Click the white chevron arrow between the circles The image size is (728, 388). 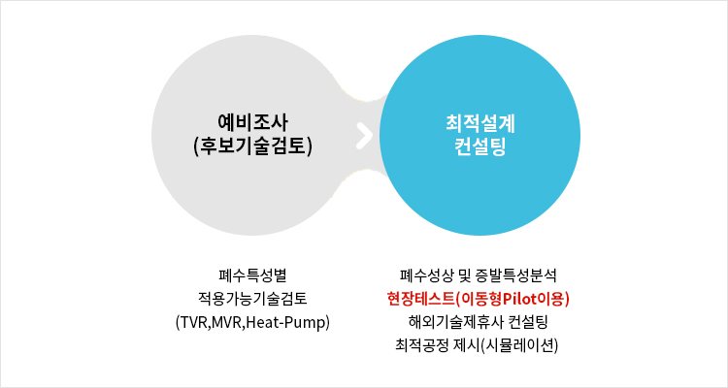[365, 135]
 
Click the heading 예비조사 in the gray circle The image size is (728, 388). [253, 123]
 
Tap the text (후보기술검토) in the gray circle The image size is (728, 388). [252, 146]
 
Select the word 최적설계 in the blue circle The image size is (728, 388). [480, 123]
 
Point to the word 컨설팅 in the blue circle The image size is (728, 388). [480, 146]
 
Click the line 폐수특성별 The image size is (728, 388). [253, 275]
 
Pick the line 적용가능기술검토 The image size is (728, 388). [253, 299]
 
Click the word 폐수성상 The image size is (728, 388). [427, 275]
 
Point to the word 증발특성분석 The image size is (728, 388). [515, 275]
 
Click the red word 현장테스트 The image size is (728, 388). [420, 299]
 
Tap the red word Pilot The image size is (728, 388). [520, 299]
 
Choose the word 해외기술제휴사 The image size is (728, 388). [449, 322]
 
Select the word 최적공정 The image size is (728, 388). [422, 345]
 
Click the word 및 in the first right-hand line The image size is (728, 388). [464, 275]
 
